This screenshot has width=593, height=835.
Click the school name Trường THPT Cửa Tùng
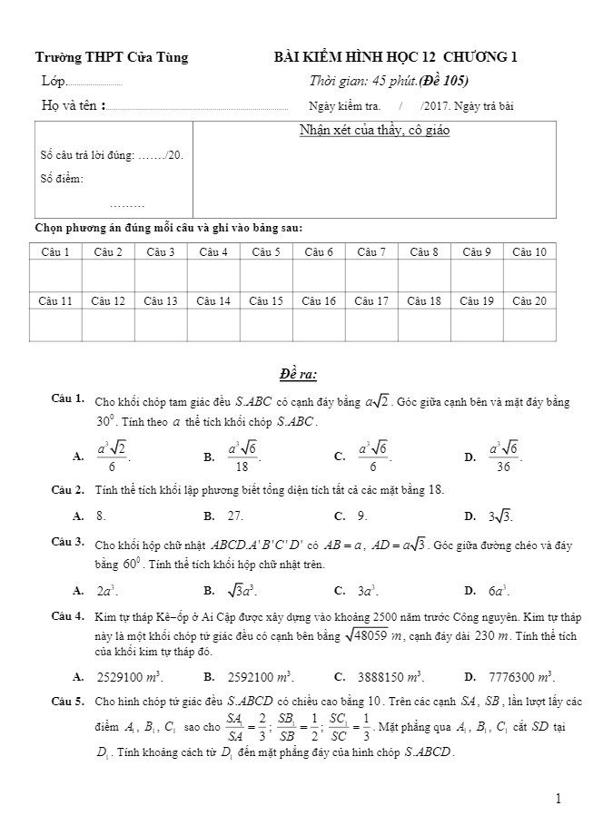pos(112,57)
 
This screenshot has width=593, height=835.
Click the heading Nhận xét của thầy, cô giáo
pos(374,131)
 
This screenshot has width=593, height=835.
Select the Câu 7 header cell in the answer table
pos(371,251)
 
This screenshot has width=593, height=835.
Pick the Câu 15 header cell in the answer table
pos(265,300)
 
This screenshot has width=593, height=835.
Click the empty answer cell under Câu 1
pos(55,275)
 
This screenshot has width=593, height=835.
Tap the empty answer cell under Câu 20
pos(529,324)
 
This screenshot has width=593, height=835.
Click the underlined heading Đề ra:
pos(298,374)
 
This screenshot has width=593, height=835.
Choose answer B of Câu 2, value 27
pos(235,516)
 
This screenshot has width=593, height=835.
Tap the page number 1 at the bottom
pos(558,799)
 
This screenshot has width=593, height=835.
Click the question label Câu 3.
pos(68,542)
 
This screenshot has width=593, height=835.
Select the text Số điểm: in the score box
pos(63,179)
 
